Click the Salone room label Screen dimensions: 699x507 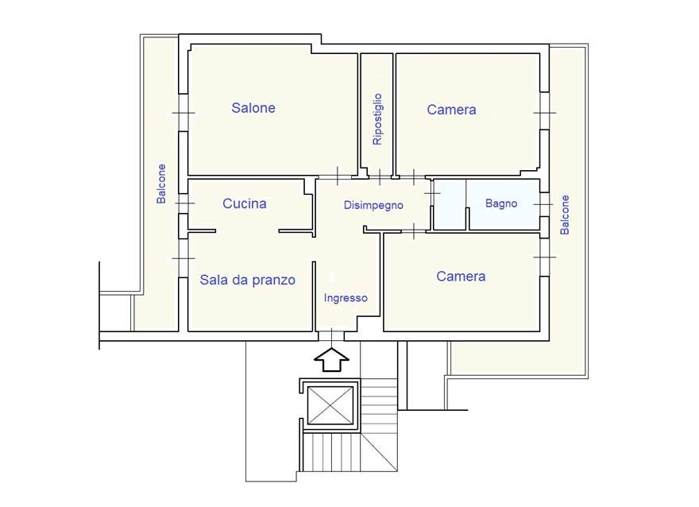pos(253,108)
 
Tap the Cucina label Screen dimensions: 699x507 pos(245,203)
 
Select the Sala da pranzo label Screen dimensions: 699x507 pos(247,280)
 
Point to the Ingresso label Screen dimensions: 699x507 pos(346,298)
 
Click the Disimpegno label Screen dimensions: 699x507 pos(373,205)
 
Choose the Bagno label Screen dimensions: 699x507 pos(501,203)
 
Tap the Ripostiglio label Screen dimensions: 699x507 pos(377,119)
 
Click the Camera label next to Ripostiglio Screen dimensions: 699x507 pos(451,110)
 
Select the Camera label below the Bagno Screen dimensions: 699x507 pos(461,277)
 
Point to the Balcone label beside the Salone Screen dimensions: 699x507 pos(161,184)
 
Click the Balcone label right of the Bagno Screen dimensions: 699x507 pos(565,215)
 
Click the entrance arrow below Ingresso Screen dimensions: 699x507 pos(331,360)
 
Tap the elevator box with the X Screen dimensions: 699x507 pos(330,406)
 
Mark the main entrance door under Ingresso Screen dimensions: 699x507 pos(332,336)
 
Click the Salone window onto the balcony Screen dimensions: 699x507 pos(183,113)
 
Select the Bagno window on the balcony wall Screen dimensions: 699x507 pos(544,205)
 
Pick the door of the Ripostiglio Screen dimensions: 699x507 pos(380,177)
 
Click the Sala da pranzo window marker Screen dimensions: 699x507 pos(183,258)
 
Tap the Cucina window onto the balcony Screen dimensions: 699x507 pos(183,203)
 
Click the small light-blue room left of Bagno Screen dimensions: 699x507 pos(450,205)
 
